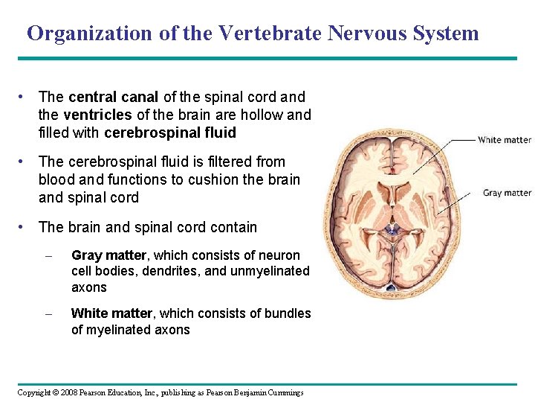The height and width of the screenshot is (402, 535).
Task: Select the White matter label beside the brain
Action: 504,140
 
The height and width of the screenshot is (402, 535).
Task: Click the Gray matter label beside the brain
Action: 507,193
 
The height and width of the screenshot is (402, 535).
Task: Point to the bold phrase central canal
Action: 114,97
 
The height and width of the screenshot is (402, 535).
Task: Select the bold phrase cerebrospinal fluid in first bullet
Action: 170,133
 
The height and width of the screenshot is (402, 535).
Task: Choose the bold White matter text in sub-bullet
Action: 111,313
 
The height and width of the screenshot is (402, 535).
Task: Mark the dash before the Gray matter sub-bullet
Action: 48,255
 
